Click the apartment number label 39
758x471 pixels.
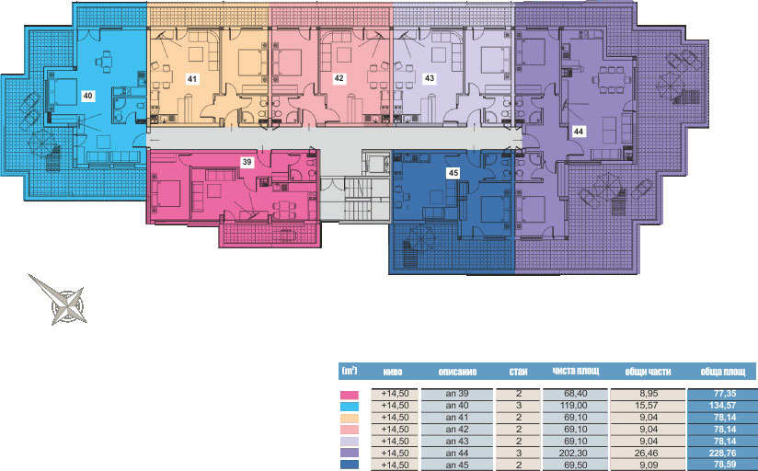click(247, 162)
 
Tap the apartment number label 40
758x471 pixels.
click(87, 96)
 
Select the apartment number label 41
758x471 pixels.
click(192, 78)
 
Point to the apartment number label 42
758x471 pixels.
click(339, 78)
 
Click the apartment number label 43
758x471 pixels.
click(430, 78)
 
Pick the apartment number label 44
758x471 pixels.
click(579, 131)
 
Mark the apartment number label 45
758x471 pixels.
click(454, 173)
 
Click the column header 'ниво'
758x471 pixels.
click(393, 372)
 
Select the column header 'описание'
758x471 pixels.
click(457, 372)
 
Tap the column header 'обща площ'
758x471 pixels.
click(723, 372)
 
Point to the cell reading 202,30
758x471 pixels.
click(575, 454)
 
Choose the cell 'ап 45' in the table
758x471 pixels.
click(457, 465)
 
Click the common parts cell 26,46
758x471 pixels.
click(648, 454)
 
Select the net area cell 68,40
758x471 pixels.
click(575, 394)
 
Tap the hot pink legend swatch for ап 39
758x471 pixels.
click(350, 395)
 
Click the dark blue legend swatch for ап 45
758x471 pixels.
click(350, 465)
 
